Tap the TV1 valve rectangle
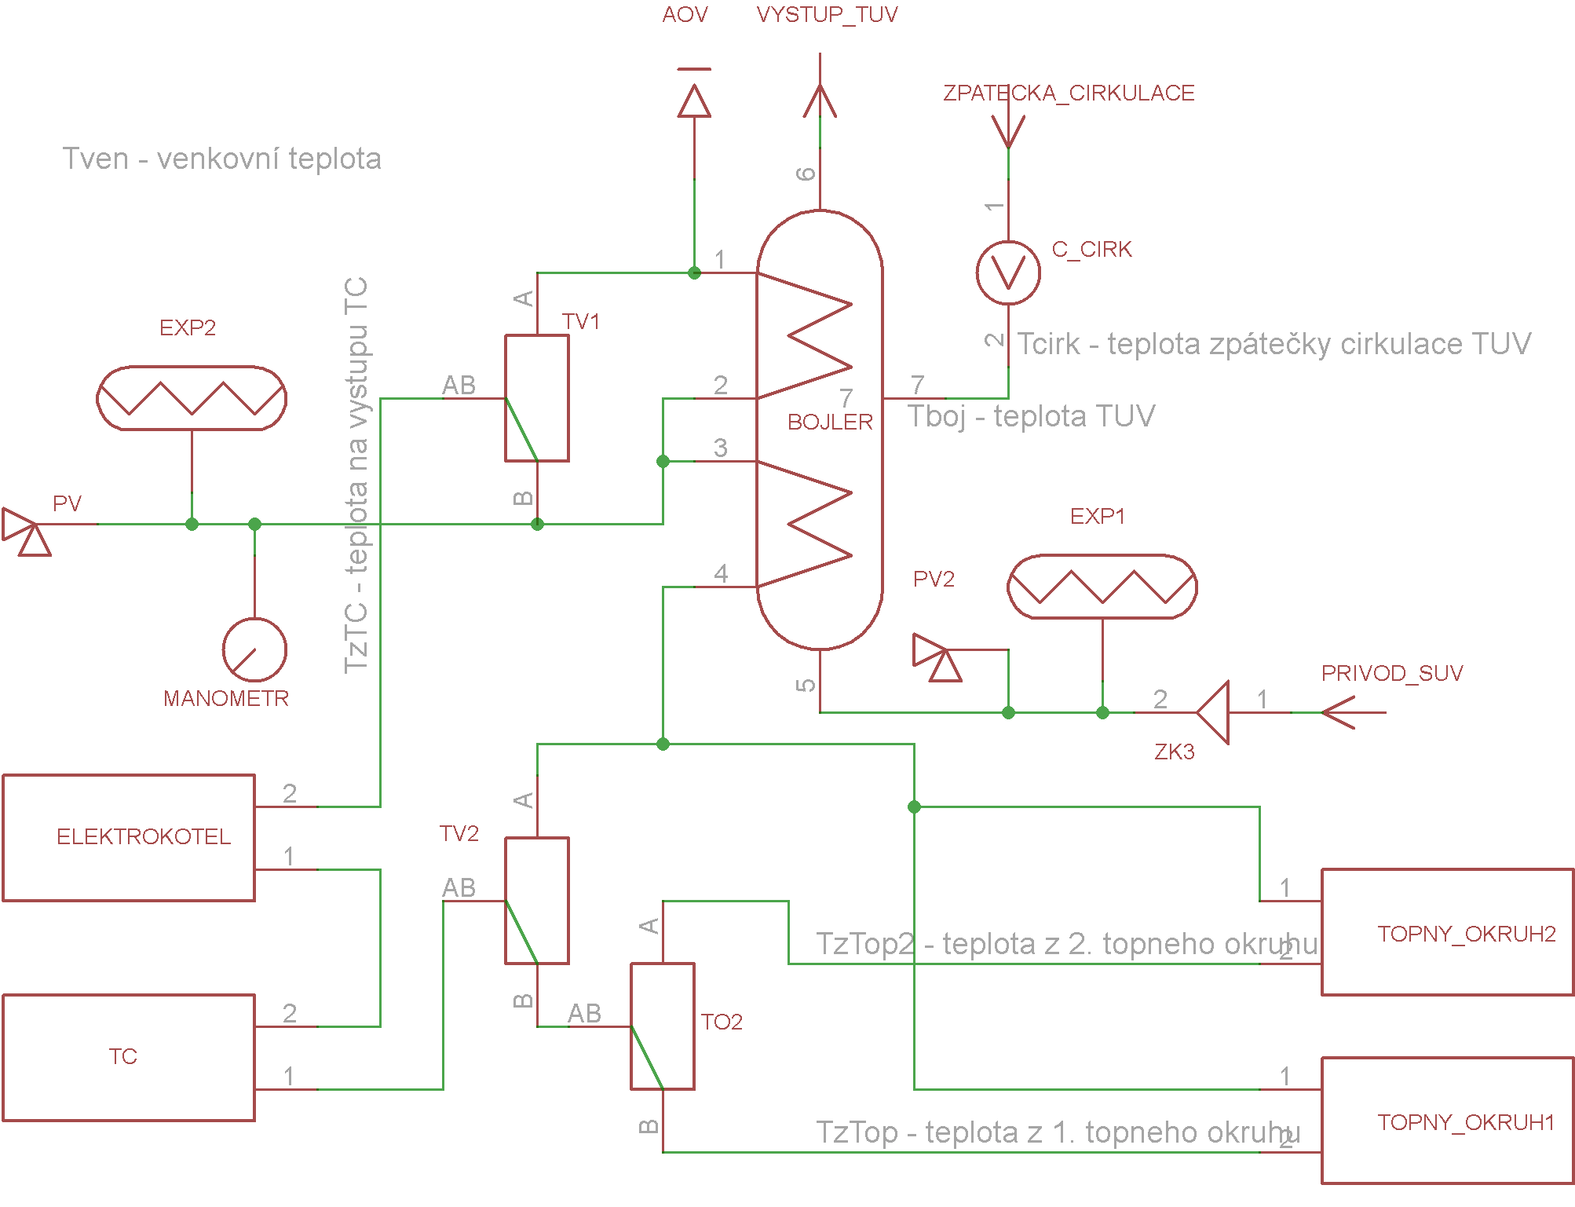(x=505, y=398)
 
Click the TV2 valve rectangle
(x=505, y=901)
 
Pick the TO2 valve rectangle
(x=630, y=1026)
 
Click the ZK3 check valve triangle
(x=1213, y=712)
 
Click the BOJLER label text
(x=830, y=422)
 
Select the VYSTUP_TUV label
(x=827, y=15)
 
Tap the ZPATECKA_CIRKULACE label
(x=1069, y=93)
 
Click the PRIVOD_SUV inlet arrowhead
(x=1339, y=712)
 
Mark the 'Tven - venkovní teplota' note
(x=222, y=159)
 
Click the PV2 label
(x=934, y=580)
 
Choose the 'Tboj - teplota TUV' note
(x=1031, y=416)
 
